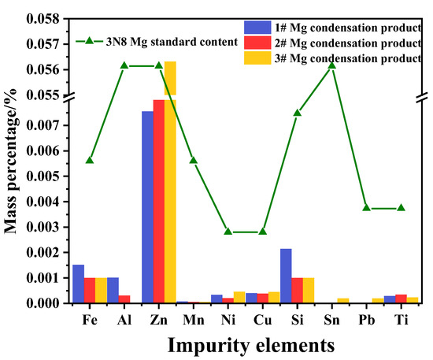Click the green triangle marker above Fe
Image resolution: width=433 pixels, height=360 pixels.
point(90,160)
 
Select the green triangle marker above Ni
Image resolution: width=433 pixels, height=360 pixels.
point(228,232)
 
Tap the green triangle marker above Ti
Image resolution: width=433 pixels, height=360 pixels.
point(402,207)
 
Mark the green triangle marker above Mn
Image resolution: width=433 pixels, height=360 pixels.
point(194,160)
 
